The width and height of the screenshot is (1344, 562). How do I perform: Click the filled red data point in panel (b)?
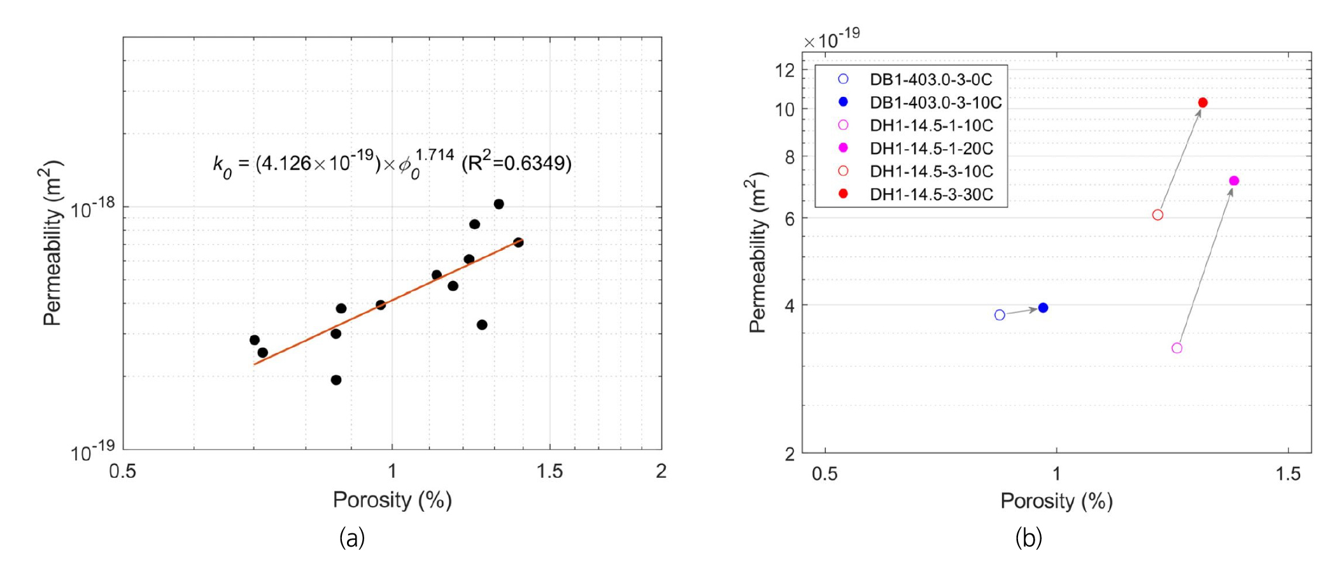[x=1202, y=103]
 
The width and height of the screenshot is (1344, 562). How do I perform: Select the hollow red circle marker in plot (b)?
[x=1157, y=215]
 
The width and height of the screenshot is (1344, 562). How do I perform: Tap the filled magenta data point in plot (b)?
[x=1233, y=181]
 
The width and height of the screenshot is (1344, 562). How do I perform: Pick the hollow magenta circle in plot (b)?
[x=1177, y=348]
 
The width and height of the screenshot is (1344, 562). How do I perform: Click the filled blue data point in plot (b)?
[x=1043, y=308]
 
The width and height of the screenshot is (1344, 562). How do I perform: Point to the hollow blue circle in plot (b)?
[x=1000, y=315]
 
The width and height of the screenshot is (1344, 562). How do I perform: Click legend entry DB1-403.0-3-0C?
[x=930, y=80]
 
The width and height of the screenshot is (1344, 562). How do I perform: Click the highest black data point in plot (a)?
[x=499, y=204]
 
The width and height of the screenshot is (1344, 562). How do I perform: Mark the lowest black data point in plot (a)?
[x=336, y=380]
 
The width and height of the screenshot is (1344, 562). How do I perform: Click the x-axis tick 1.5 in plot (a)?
[x=549, y=472]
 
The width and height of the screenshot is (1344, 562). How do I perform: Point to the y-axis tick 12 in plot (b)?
[x=785, y=70]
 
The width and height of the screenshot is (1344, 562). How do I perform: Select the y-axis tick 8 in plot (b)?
[x=789, y=157]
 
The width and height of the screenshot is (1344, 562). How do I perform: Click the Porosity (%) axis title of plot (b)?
[x=1056, y=501]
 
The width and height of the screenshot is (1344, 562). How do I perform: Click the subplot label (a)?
[x=352, y=538]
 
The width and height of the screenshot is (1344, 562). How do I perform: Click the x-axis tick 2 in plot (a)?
[x=661, y=472]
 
